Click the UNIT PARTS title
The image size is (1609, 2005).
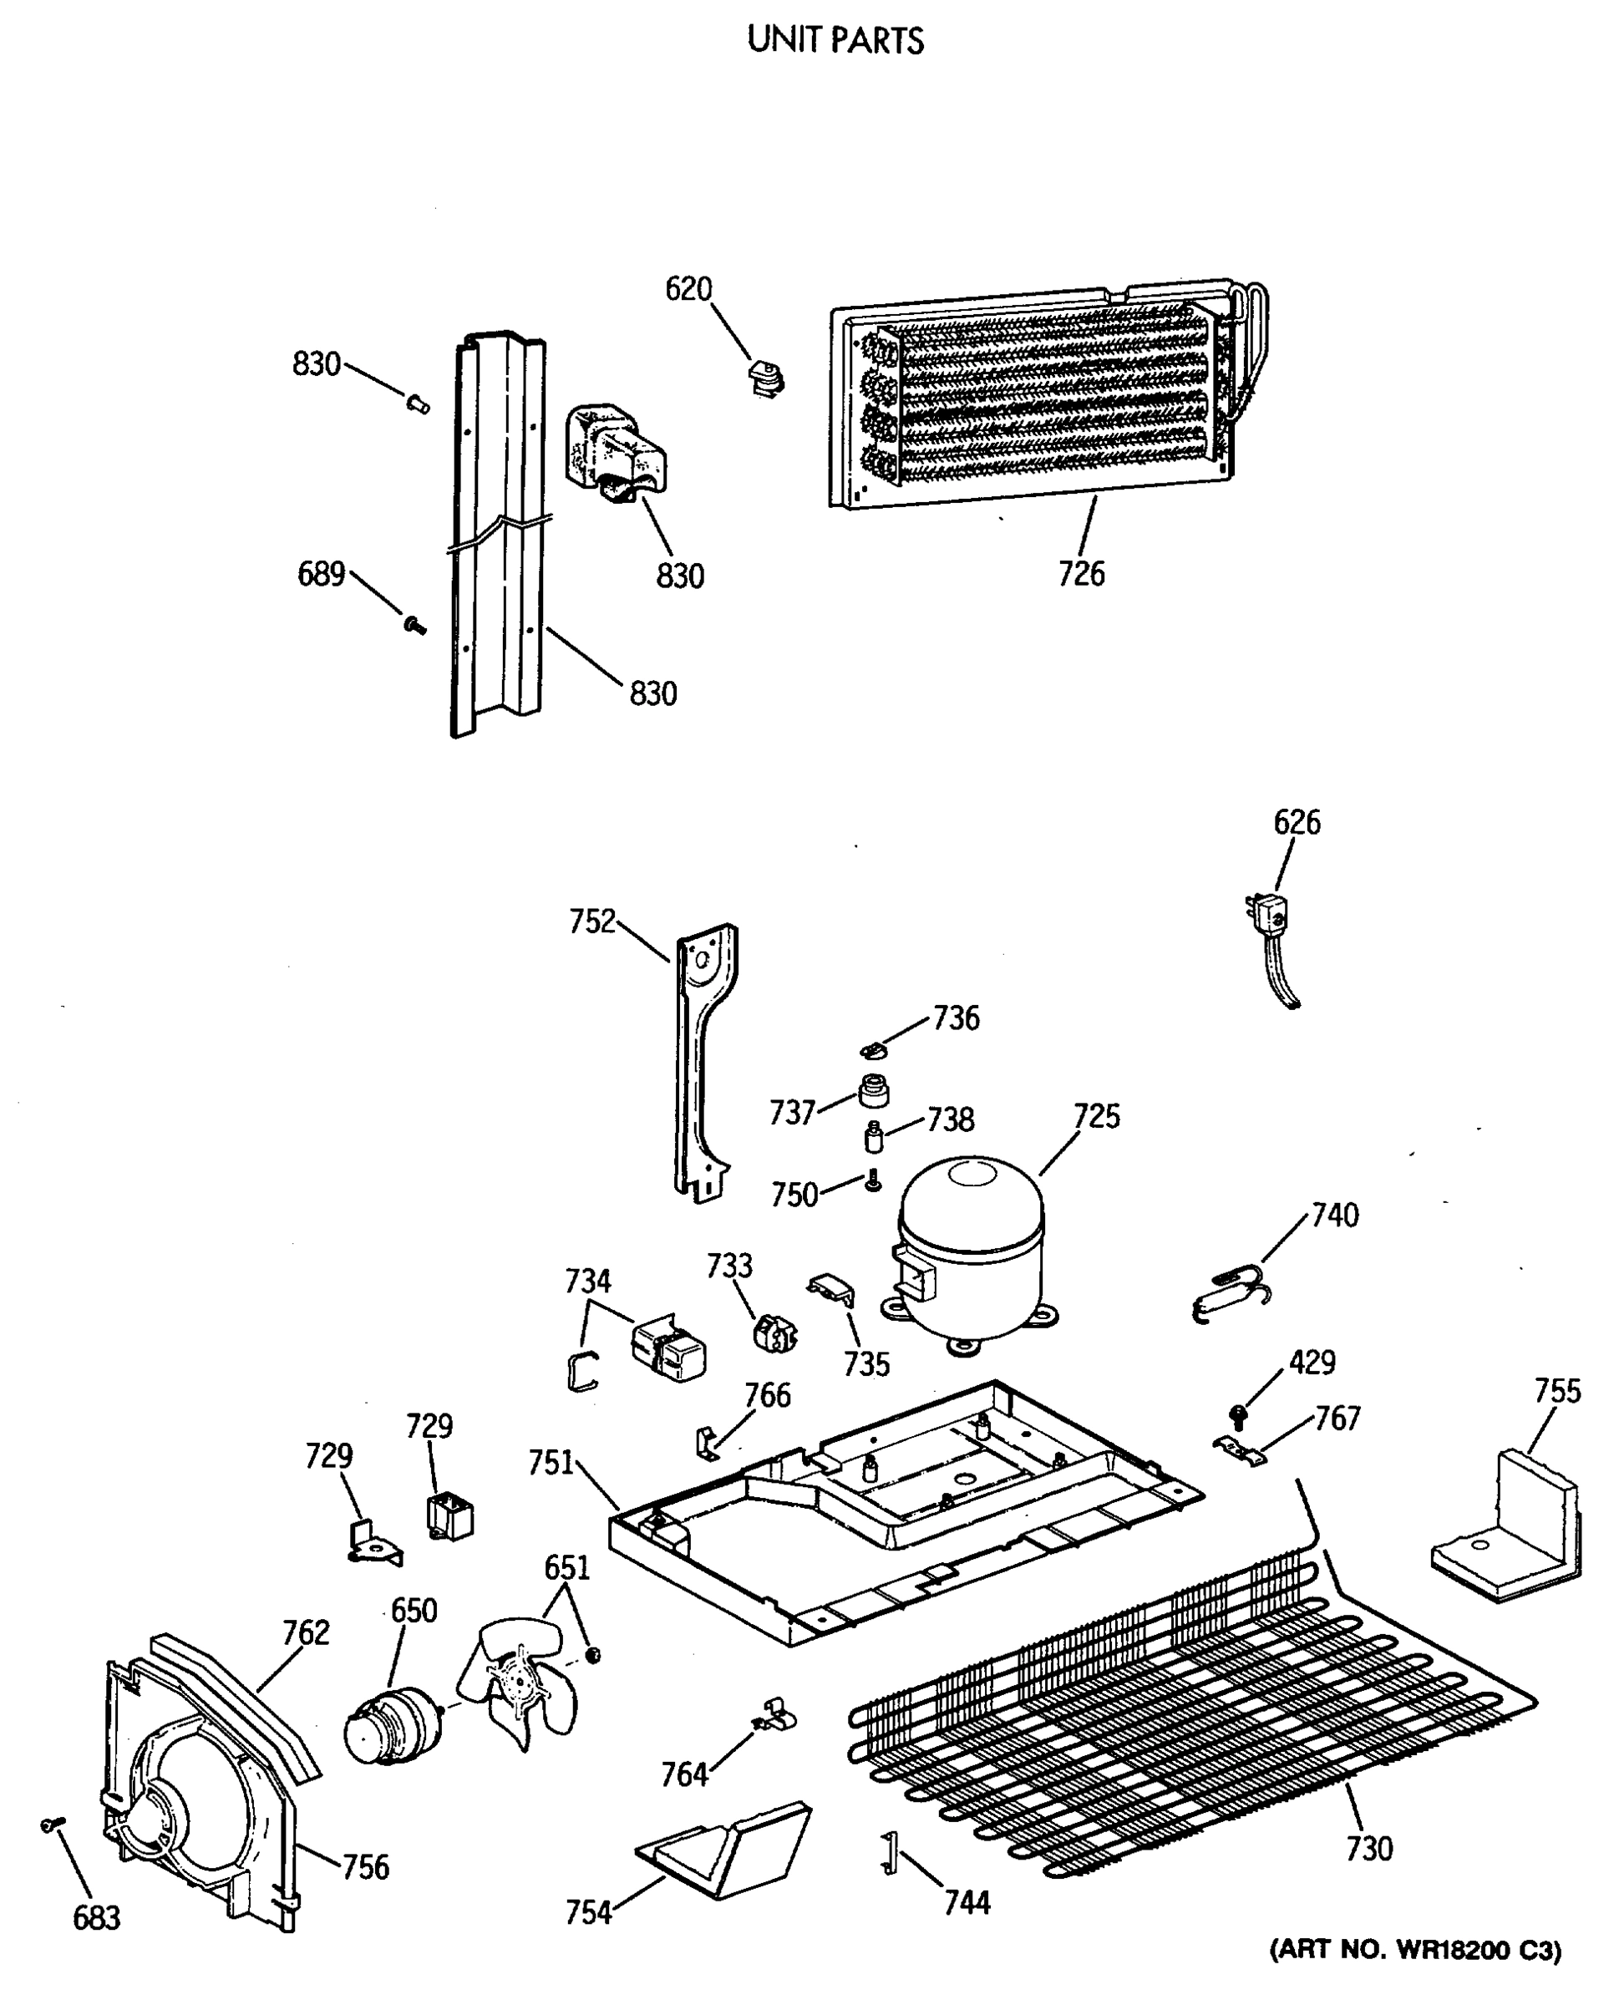835,41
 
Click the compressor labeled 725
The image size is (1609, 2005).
969,1252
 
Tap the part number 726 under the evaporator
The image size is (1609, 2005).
1081,575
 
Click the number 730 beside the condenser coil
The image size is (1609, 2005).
1369,1848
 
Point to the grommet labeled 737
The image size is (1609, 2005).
872,1091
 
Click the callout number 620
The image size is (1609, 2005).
688,289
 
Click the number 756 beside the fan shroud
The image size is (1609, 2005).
366,1866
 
